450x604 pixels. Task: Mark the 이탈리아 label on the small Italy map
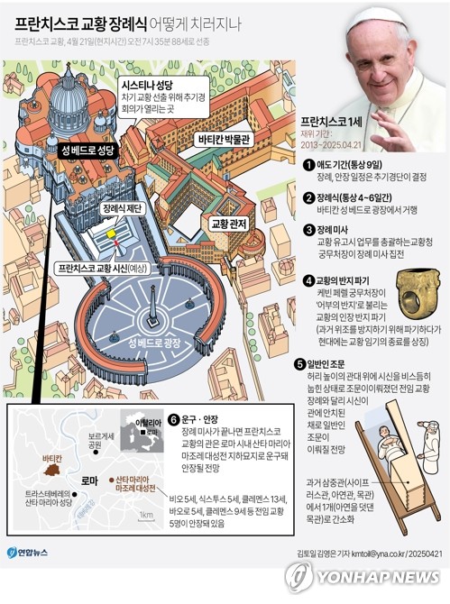coord(147,421)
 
